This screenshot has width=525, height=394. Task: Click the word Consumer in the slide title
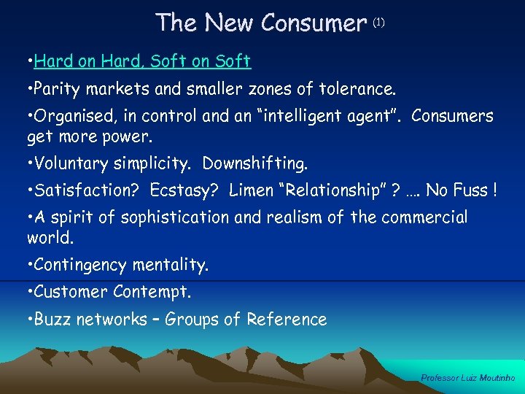313,23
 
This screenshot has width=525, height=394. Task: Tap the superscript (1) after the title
378,23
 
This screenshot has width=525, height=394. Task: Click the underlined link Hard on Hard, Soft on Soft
142,61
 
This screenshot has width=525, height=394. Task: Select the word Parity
57,90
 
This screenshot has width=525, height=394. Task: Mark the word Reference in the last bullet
287,320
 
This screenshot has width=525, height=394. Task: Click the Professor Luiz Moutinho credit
468,378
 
